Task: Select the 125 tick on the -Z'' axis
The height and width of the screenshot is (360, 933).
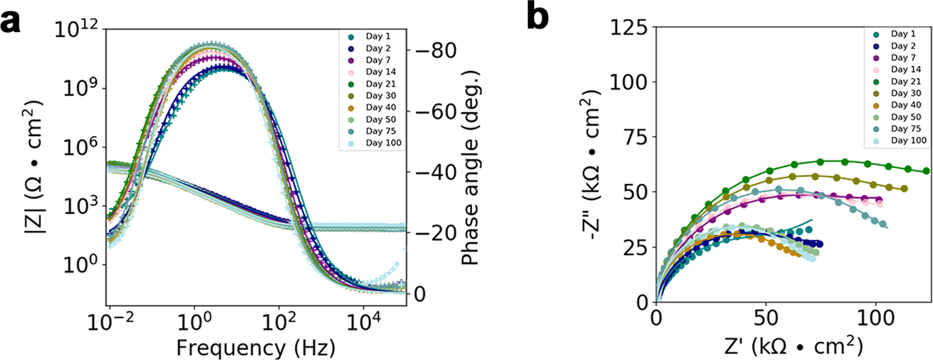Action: (626, 28)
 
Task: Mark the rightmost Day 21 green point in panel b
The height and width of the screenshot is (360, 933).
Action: (926, 170)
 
